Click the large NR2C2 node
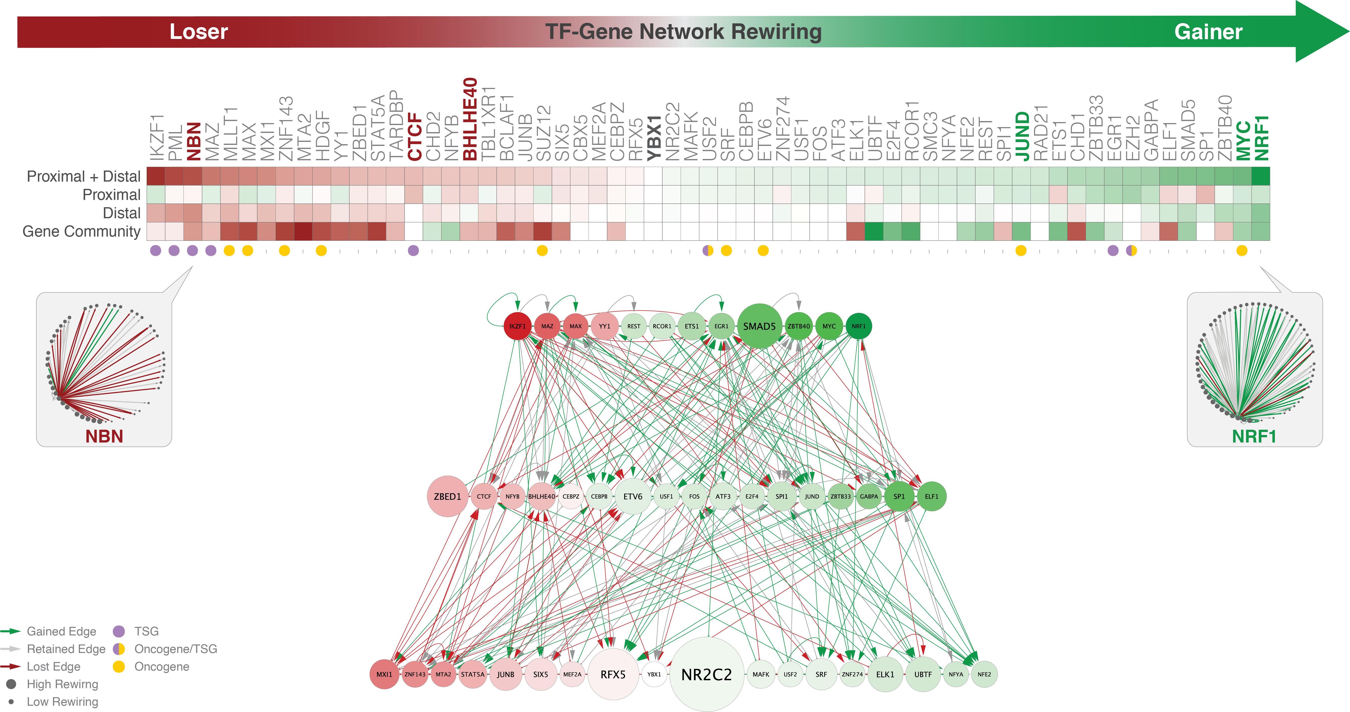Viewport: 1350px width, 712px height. pos(706,674)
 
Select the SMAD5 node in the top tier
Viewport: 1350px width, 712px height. pos(759,326)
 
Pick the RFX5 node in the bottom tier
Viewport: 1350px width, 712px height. pos(613,674)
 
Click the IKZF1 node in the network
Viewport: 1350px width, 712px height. pos(517,326)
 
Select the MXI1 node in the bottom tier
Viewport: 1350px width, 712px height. pos(384,674)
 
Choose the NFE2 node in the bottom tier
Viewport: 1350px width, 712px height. pos(984,674)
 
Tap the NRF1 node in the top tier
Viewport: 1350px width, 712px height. pos(858,326)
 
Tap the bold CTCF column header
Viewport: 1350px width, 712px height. pos(415,136)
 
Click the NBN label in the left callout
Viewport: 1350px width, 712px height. pos(104,436)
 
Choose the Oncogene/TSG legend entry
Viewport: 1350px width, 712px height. pos(176,649)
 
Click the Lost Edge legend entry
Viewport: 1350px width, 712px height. pos(53,666)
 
